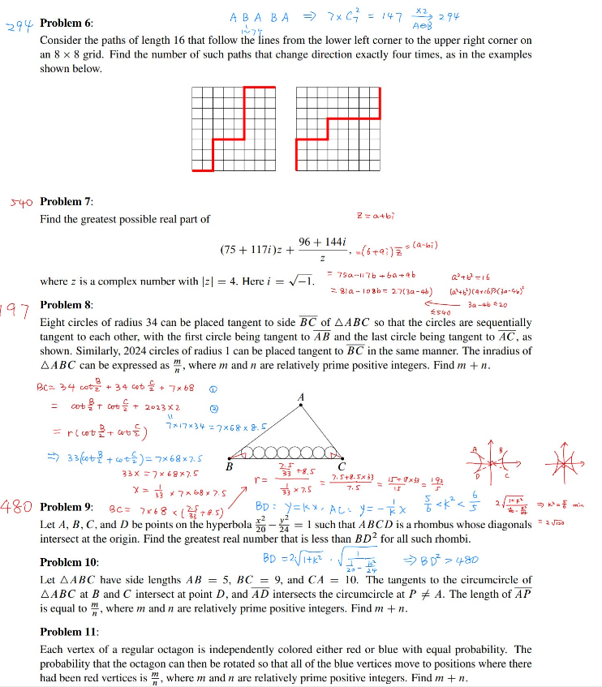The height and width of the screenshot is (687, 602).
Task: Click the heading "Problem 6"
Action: click(67, 24)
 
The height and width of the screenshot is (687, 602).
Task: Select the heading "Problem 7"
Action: click(67, 201)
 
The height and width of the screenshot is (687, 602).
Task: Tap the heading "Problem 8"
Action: click(67, 305)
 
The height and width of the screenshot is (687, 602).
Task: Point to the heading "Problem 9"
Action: click(67, 509)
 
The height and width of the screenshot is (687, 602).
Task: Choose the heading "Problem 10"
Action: click(69, 562)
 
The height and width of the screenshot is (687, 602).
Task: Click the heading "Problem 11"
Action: click(69, 629)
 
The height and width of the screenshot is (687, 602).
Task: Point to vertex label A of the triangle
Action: click(301, 397)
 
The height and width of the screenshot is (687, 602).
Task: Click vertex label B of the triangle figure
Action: click(229, 467)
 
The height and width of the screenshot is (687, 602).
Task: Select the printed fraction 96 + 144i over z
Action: click(324, 250)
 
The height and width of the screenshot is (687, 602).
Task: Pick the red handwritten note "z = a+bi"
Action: click(375, 216)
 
